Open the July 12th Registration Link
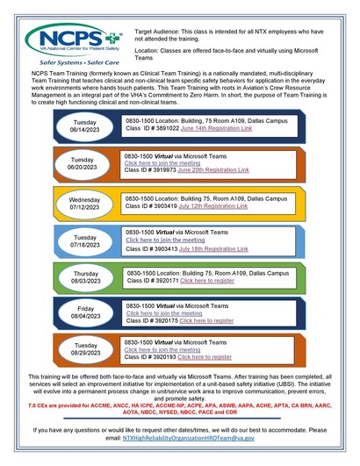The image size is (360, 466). [214, 206]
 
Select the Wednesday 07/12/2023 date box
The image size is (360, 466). [85, 204]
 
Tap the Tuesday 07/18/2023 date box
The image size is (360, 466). [85, 241]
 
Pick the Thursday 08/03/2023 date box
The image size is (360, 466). [85, 277]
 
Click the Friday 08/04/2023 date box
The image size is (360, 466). [85, 312]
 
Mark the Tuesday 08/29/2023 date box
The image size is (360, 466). [85, 349]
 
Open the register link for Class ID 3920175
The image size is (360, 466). [205, 320]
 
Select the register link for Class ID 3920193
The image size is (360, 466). [205, 357]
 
